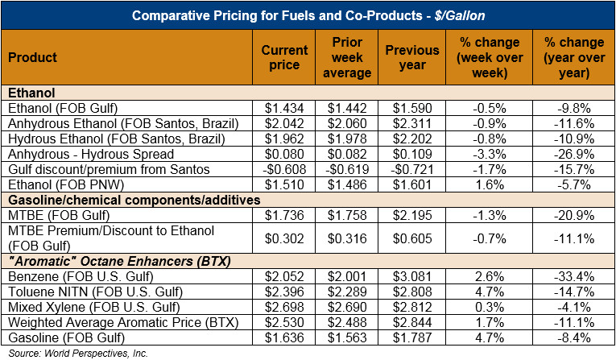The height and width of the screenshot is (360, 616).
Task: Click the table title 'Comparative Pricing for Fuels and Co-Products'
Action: coord(308,15)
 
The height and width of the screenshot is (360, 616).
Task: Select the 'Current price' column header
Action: coord(285,58)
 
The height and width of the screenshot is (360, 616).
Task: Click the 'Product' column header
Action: coord(33,58)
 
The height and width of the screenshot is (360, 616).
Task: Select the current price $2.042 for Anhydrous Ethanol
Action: coord(284,123)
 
